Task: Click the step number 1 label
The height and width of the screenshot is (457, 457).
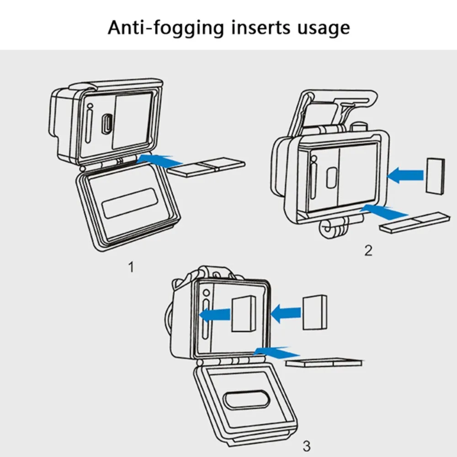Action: (132, 267)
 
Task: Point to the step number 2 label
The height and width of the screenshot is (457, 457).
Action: (368, 250)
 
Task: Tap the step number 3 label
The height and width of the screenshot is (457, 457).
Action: (307, 446)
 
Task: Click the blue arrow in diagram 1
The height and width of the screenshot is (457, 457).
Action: (159, 161)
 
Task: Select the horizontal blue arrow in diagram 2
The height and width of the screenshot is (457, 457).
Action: (405, 175)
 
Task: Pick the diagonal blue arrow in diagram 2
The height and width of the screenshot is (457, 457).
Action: (384, 212)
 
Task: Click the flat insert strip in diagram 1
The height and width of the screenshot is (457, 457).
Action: (207, 167)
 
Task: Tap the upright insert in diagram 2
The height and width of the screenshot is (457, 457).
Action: (436, 176)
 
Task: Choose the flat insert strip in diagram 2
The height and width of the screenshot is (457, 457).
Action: (415, 222)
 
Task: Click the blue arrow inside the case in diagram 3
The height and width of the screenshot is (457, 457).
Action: (215, 315)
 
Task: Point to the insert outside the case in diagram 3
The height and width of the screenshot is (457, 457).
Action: (315, 312)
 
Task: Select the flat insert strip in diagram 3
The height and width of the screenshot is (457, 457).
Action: (324, 362)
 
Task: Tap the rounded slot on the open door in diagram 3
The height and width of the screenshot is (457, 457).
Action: (246, 399)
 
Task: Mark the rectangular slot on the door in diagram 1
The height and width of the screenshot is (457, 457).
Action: (130, 203)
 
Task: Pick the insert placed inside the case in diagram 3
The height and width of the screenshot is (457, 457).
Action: (244, 314)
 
